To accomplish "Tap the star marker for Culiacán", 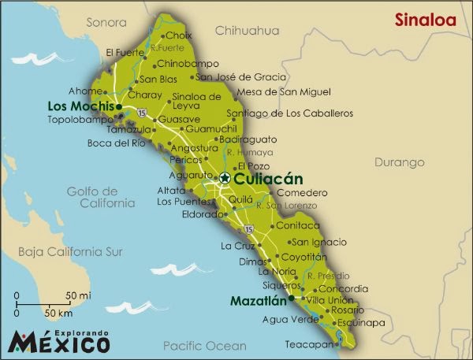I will point(225,178).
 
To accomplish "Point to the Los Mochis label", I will point(81,106).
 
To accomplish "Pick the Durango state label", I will point(400,162).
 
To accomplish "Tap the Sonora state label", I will point(106,22).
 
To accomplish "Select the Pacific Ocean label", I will point(205,345).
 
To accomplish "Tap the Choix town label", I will point(179,35).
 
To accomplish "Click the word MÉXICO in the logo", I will point(59,344).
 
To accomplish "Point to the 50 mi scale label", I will point(76,295).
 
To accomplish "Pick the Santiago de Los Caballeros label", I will point(285,113).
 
